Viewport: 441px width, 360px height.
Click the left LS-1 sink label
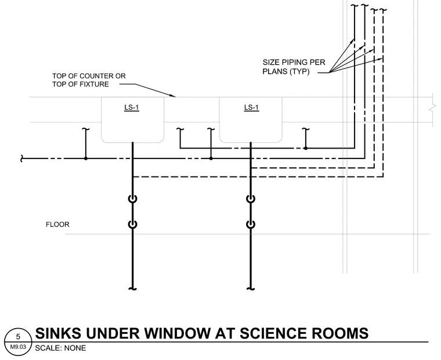[132, 107]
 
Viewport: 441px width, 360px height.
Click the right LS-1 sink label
[251, 107]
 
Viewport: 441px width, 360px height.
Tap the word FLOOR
[57, 224]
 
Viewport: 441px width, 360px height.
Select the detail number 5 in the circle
[19, 337]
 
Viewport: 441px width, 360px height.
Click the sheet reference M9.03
[18, 347]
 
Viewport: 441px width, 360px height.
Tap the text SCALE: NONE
[60, 348]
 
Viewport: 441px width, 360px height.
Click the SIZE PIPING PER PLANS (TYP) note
[294, 67]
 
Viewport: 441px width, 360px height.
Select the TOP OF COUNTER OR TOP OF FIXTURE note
[89, 80]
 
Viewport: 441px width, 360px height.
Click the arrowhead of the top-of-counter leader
[175, 96]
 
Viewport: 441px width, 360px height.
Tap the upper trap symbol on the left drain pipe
[133, 199]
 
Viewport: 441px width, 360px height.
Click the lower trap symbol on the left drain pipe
[133, 224]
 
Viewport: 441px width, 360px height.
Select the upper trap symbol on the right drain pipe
[251, 199]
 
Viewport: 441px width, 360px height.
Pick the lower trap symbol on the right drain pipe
[251, 224]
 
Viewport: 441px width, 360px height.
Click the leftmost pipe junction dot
[86, 159]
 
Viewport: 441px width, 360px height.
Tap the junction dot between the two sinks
[211, 159]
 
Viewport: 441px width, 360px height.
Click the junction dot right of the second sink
[306, 148]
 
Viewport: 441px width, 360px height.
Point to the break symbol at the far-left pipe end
[21, 159]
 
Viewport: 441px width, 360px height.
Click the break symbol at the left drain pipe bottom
[133, 289]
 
